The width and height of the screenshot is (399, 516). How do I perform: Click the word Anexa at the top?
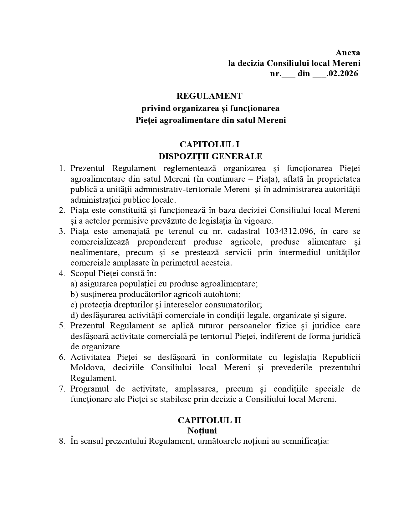(348, 53)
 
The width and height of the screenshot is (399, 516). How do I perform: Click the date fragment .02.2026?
(342, 74)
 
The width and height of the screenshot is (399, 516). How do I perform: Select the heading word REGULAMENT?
(209, 96)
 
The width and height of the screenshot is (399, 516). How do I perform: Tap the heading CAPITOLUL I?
(209, 144)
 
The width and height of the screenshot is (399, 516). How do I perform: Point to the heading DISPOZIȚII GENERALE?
(210, 156)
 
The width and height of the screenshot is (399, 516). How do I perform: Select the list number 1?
(62, 169)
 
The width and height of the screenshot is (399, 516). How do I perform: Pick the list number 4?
(62, 273)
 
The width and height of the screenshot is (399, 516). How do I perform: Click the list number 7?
(62, 389)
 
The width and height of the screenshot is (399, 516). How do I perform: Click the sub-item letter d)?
(74, 315)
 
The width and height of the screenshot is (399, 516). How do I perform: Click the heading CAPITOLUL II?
(209, 420)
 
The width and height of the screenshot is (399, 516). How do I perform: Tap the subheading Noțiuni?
(202, 431)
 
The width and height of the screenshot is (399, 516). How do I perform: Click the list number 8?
(62, 441)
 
